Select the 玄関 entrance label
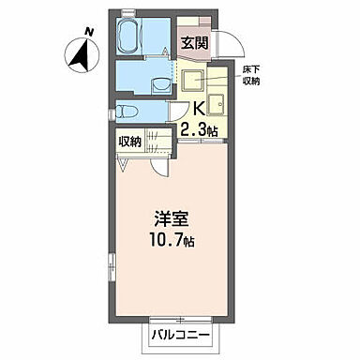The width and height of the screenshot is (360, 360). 195,42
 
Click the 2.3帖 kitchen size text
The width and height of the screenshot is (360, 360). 200,131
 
